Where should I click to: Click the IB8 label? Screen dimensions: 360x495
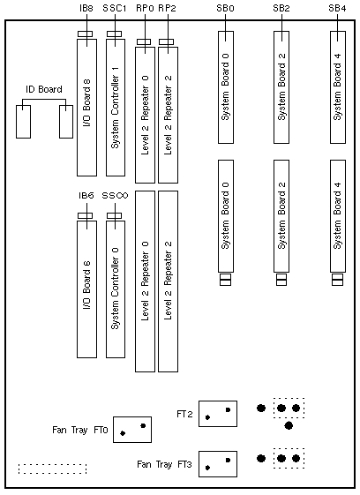point(86,8)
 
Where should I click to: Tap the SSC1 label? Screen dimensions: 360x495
point(115,8)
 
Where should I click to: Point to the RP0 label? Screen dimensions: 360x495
point(145,8)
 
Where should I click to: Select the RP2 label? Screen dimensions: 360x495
point(167,8)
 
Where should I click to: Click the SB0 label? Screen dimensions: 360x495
point(225,8)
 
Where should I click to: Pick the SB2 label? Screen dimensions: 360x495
point(281,8)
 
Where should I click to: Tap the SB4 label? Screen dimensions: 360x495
point(337,8)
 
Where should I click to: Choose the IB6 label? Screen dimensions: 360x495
point(86,196)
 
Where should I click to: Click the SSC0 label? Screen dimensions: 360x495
point(115,196)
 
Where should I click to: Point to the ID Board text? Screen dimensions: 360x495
point(44,89)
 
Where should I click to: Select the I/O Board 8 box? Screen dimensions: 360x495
point(86,108)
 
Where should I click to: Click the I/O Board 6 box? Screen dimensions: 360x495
point(86,289)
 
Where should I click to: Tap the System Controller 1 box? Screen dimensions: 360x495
point(116,108)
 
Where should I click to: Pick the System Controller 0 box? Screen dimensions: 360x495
point(116,289)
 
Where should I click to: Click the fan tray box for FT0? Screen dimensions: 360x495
point(132,430)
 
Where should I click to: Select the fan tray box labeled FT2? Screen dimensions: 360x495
point(218,414)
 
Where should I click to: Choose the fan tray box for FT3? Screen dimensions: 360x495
point(218,464)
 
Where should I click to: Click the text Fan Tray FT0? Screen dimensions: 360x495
point(80,430)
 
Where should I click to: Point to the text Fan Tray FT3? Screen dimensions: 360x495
point(164,464)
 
